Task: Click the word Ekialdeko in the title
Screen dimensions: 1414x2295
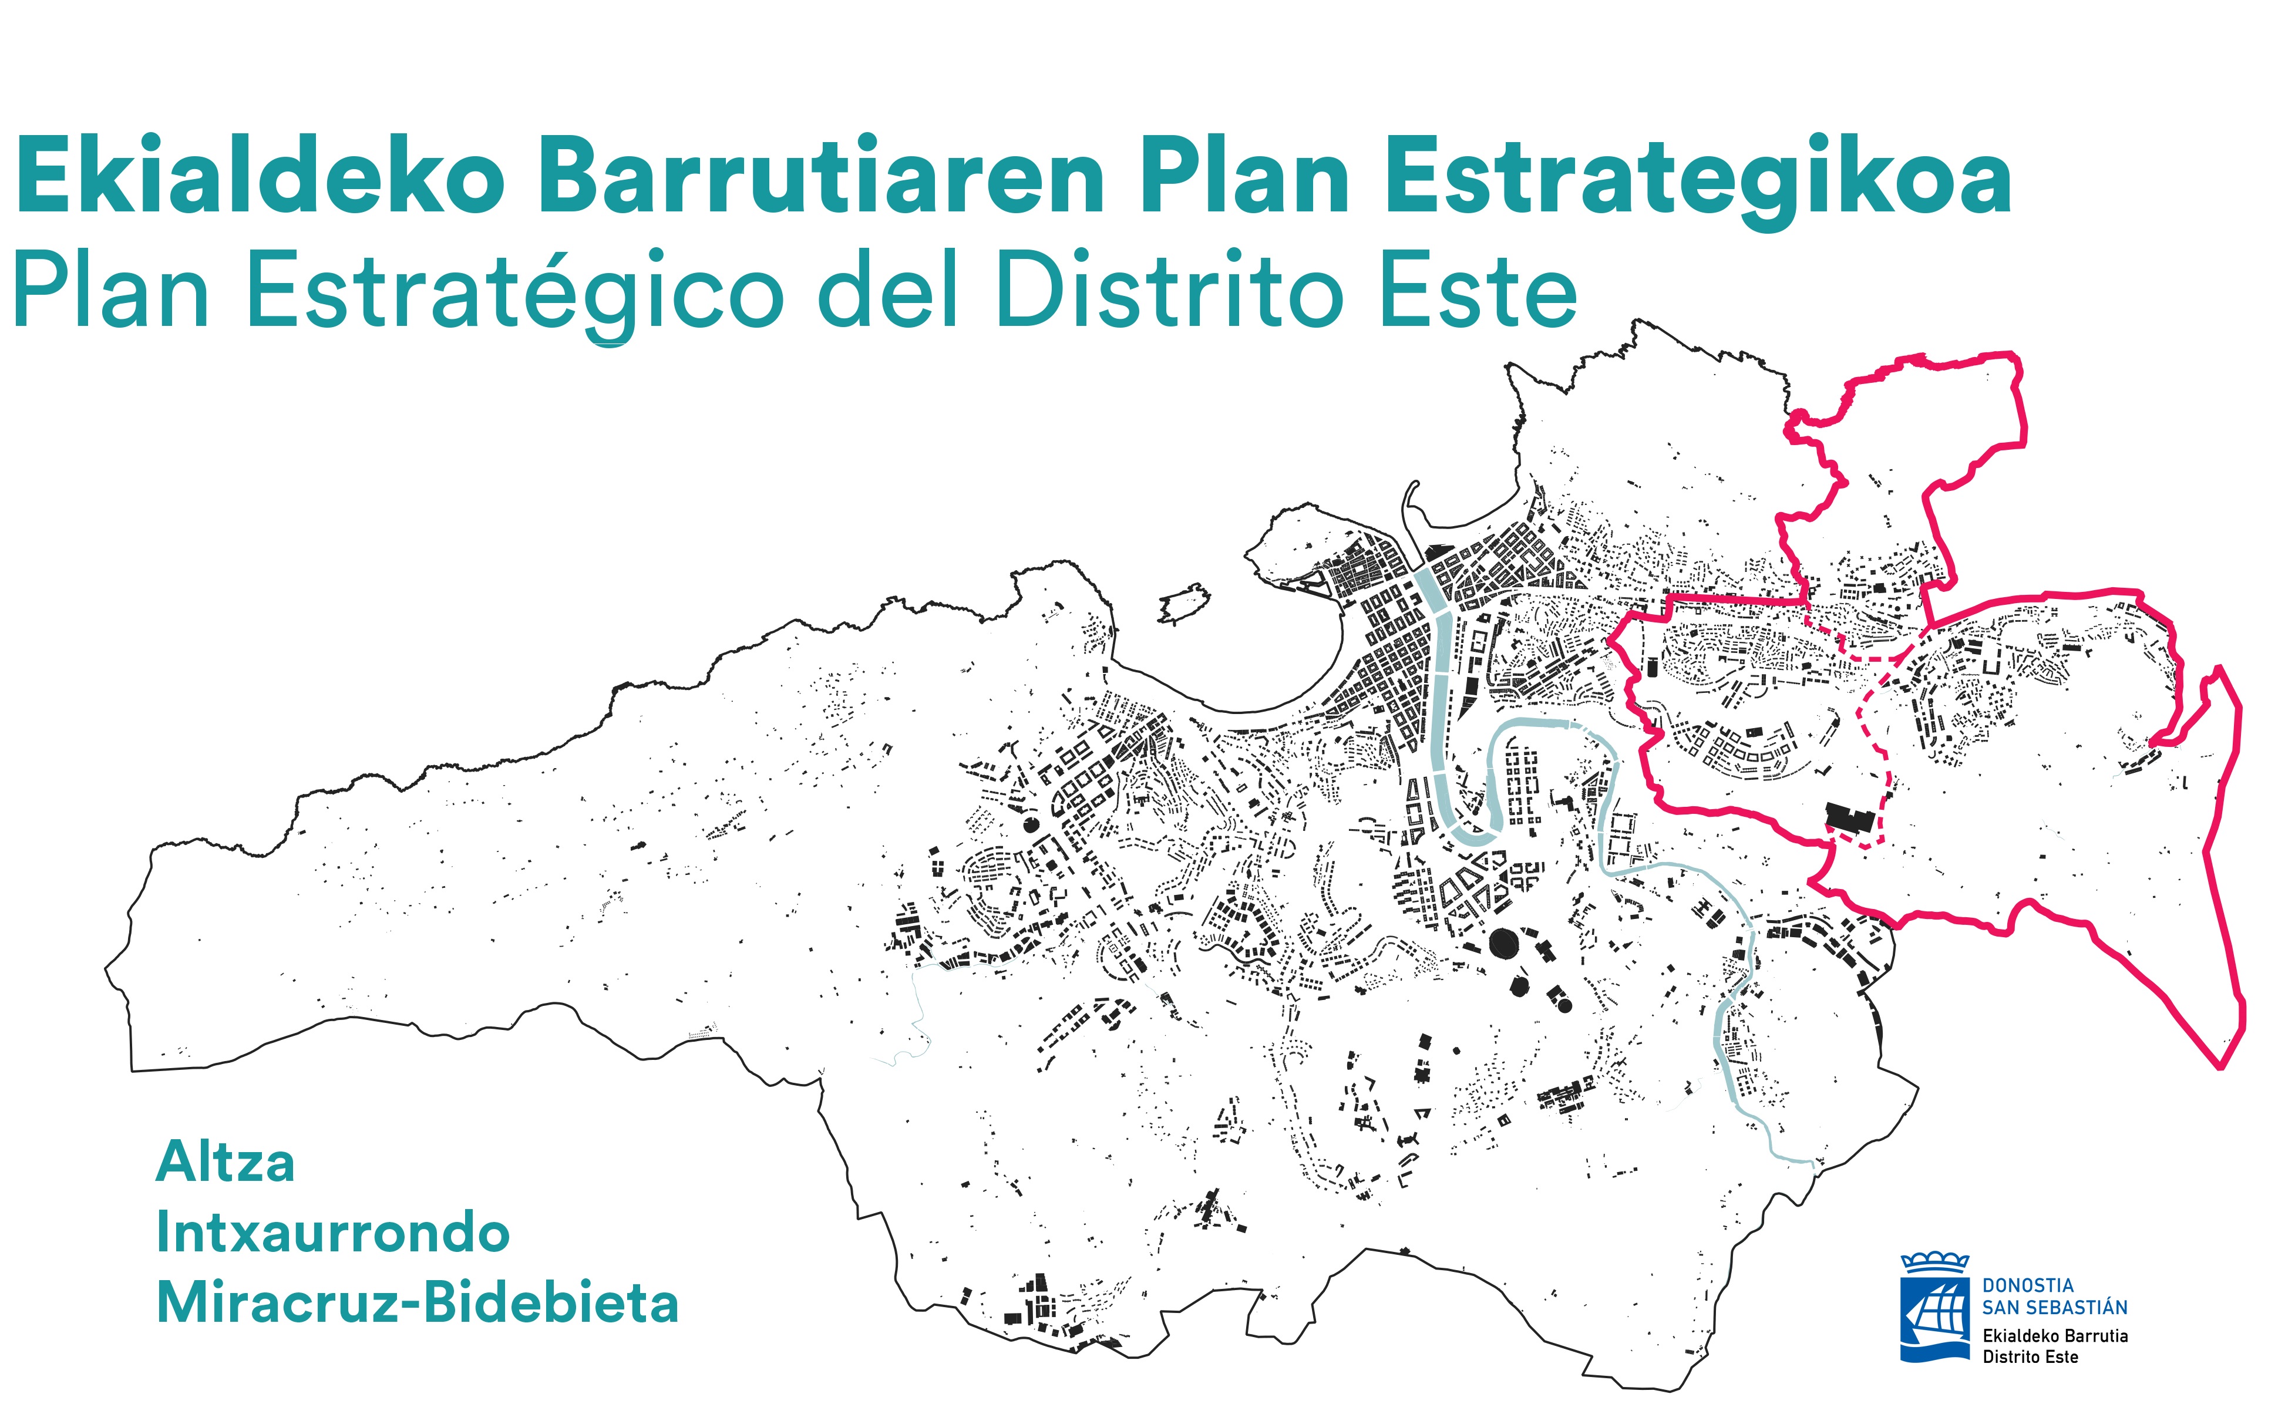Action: point(260,176)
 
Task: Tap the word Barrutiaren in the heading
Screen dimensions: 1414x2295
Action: point(821,176)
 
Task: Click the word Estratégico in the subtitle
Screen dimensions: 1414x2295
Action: point(515,292)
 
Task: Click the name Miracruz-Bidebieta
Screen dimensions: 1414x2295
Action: point(417,1302)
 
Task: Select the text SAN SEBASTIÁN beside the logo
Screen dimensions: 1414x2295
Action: point(2055,1307)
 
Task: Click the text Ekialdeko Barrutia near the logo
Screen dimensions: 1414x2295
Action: point(2055,1335)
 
